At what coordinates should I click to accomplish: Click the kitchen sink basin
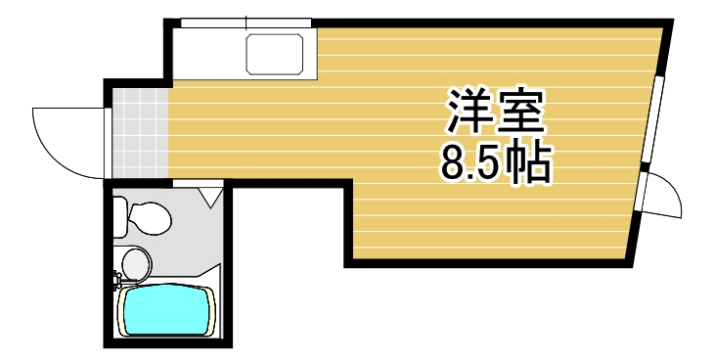[x=279, y=53]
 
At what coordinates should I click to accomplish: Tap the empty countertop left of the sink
[x=210, y=53]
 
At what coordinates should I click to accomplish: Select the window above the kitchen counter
[x=245, y=22]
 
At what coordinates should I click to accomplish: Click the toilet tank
[x=119, y=216]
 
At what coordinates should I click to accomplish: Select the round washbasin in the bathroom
[x=136, y=262]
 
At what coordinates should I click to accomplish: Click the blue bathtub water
[x=164, y=311]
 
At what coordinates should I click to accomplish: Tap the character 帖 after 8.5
[x=529, y=164]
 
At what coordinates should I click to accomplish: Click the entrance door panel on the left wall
[x=106, y=142]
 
